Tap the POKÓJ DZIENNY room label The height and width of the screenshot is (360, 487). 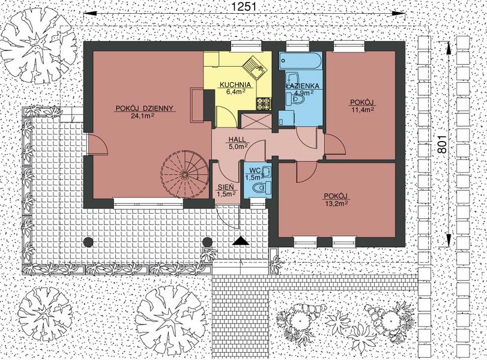144,109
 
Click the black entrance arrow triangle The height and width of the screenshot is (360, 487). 241,241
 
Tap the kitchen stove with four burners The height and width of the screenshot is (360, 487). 264,104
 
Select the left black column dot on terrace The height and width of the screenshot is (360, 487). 88,242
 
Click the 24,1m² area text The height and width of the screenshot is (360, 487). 144,116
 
